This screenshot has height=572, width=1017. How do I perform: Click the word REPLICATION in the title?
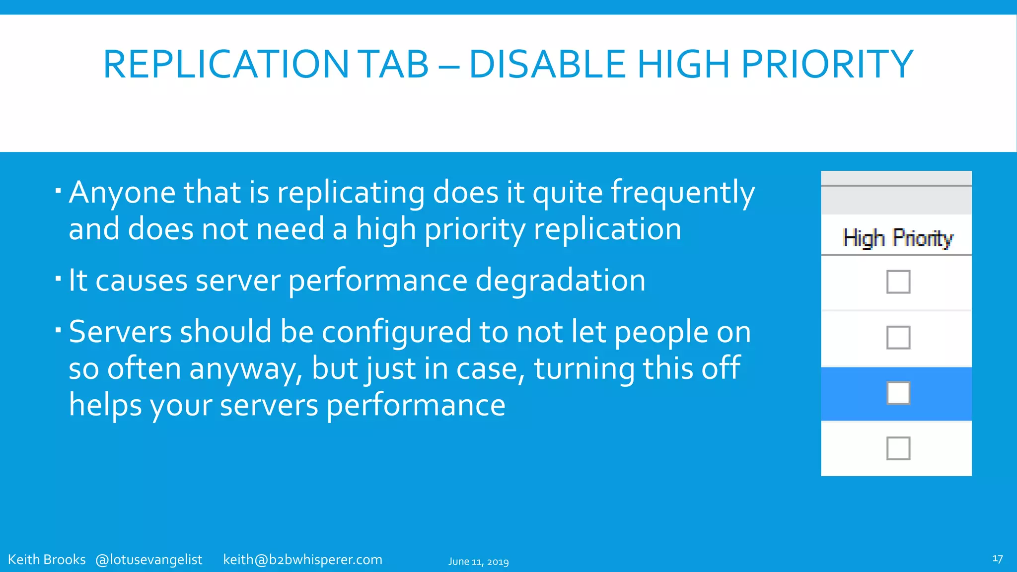(226, 65)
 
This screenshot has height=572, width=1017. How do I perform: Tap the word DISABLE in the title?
(547, 65)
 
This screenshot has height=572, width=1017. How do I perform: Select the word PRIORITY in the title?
(827, 65)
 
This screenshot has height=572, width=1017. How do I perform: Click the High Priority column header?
(898, 238)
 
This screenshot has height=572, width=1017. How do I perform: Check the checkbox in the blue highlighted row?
(898, 393)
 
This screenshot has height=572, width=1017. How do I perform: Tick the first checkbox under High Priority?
(898, 282)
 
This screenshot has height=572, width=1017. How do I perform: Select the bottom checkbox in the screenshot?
(898, 448)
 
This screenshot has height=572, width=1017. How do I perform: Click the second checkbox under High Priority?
(898, 338)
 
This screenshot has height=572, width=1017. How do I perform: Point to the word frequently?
(682, 193)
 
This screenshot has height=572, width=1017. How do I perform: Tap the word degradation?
(560, 281)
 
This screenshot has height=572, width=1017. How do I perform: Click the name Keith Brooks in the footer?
(47, 560)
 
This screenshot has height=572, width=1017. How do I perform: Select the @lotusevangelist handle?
(149, 560)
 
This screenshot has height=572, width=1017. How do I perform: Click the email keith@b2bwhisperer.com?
(302, 560)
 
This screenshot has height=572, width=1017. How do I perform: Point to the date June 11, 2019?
(478, 562)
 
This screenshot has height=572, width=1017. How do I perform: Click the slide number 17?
(997, 559)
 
